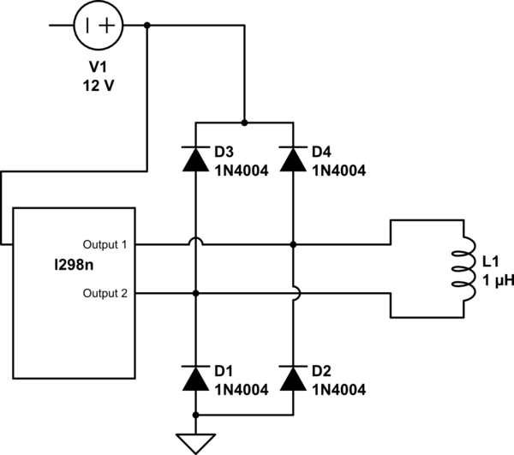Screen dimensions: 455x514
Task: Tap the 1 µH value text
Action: point(494,280)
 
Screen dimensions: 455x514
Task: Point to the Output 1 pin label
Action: point(105,244)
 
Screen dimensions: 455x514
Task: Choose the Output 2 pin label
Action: point(105,293)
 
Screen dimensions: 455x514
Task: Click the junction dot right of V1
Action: point(148,25)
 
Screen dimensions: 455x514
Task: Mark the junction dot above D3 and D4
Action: point(245,123)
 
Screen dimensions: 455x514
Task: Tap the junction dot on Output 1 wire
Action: point(293,244)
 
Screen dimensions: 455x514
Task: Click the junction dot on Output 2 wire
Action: point(196,293)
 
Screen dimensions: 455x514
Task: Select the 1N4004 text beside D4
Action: point(338,170)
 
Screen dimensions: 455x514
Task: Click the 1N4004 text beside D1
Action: point(242,389)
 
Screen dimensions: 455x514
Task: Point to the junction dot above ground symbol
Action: point(196,414)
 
